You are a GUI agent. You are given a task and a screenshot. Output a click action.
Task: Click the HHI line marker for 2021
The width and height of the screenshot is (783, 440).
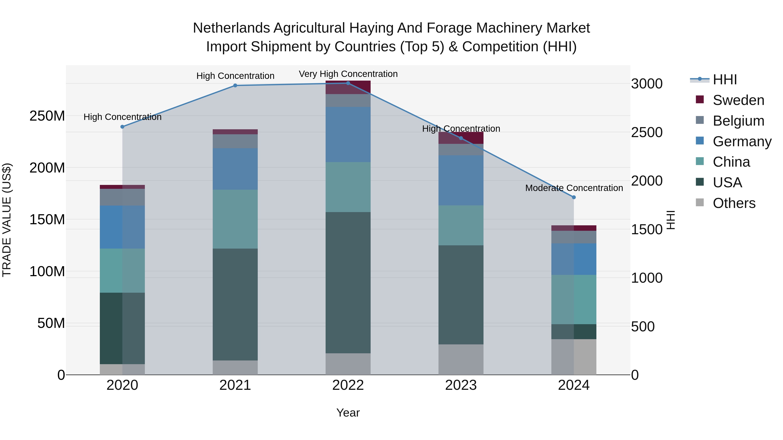coord(235,86)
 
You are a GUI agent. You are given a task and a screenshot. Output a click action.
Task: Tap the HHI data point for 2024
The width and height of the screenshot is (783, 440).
coord(574,197)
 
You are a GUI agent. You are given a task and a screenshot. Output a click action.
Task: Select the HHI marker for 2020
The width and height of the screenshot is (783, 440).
coord(122,127)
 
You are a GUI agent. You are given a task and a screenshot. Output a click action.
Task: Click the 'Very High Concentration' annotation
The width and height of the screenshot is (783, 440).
coord(348,74)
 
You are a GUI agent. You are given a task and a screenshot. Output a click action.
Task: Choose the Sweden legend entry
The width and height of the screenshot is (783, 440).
coord(738,100)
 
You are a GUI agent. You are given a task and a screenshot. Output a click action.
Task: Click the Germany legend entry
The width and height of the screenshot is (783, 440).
coord(742,141)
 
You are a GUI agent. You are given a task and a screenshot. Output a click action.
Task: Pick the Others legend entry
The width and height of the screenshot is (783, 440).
coord(734,203)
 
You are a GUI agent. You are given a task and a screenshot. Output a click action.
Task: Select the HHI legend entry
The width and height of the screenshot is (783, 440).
coord(725,80)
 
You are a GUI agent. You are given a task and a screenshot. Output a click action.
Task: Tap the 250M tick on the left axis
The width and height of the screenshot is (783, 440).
coord(47,116)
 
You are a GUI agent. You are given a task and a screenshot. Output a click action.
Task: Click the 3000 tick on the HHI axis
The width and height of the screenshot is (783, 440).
coord(647,84)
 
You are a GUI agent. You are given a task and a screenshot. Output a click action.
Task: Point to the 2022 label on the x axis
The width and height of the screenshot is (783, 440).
coord(348,385)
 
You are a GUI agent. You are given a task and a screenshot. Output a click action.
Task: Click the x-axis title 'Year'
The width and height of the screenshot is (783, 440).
coord(348,413)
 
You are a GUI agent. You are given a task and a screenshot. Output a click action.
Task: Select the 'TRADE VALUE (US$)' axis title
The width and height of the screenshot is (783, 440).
coord(7,220)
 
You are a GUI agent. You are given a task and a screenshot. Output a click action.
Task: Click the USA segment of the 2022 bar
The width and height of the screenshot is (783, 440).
coord(348,282)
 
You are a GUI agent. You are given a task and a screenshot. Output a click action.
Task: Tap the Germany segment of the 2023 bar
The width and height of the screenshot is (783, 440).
coord(461,180)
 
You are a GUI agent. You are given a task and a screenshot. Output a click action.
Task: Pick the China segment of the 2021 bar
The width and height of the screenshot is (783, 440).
coord(235,219)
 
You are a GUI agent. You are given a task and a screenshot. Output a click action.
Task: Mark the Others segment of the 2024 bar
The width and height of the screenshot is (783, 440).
coord(574,357)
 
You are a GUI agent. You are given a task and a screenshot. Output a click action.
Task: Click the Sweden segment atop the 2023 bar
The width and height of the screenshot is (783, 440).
coord(461,138)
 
